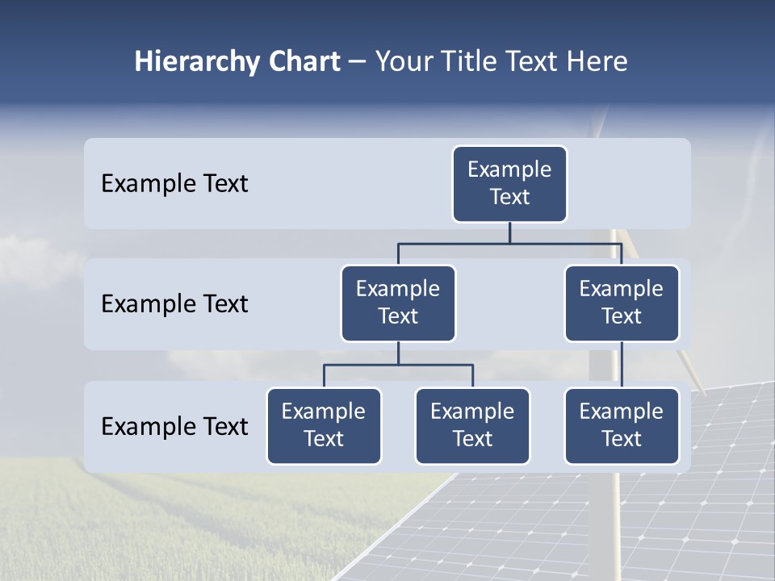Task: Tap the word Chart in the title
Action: click(300, 61)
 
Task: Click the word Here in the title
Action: click(598, 61)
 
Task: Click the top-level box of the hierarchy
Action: click(509, 183)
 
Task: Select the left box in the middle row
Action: click(398, 303)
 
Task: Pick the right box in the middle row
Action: click(622, 303)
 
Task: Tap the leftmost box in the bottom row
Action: click(324, 425)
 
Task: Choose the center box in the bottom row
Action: click(472, 425)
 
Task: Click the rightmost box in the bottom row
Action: click(622, 425)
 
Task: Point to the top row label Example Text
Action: click(174, 184)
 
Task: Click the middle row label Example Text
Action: click(174, 304)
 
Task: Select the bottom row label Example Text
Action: click(174, 426)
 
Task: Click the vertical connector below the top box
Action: click(509, 232)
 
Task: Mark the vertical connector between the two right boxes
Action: click(622, 365)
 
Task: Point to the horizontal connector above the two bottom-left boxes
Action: click(398, 365)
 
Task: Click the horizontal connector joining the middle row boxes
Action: click(509, 242)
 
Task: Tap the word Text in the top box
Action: click(509, 197)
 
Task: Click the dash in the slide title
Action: click(358, 62)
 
